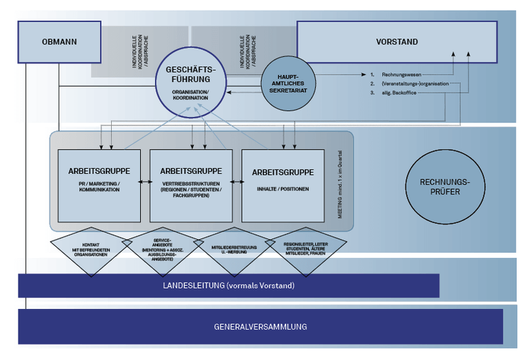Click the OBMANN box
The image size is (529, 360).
pos(59,42)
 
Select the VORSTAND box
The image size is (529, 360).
pos(397,42)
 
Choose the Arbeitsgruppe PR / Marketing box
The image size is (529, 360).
pos(99,185)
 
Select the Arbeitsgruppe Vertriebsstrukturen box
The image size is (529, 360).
pos(191,185)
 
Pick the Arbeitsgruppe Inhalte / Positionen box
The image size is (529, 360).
pos(283,185)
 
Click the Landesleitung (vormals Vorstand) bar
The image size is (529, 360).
pos(228,286)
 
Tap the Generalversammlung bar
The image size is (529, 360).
pos(260,327)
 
